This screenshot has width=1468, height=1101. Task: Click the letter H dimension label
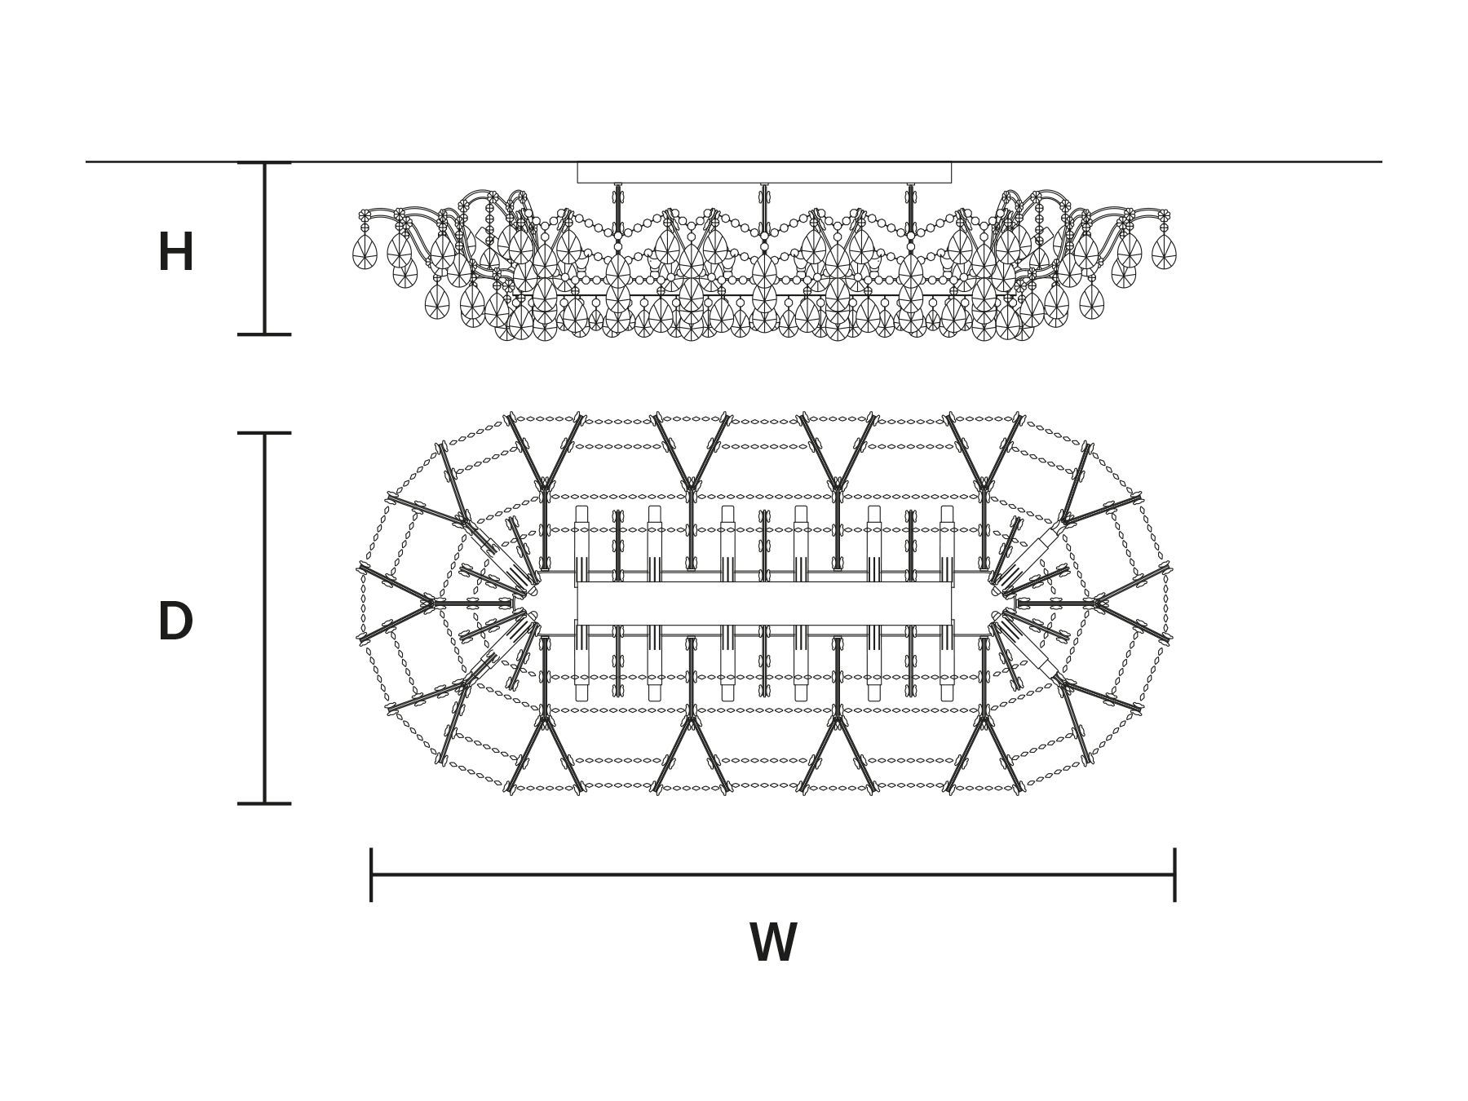click(175, 252)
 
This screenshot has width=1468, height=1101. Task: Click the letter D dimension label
click(175, 621)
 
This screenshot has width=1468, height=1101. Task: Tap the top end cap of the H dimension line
click(264, 163)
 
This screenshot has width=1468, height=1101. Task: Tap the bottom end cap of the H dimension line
click(264, 334)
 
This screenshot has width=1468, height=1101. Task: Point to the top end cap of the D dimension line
click(264, 433)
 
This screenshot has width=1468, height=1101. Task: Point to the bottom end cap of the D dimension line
click(264, 803)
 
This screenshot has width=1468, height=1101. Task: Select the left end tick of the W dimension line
click(371, 874)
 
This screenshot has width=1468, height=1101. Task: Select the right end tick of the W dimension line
click(1174, 874)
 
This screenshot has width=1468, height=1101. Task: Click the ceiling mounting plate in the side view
click(764, 172)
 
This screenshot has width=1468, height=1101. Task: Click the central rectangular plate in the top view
click(764, 604)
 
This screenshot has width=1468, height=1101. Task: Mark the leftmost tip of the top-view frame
click(358, 604)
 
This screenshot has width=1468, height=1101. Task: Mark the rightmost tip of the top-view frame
click(1171, 604)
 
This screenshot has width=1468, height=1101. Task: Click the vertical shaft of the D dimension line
click(264, 618)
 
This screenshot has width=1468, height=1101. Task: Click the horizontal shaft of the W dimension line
click(773, 875)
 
